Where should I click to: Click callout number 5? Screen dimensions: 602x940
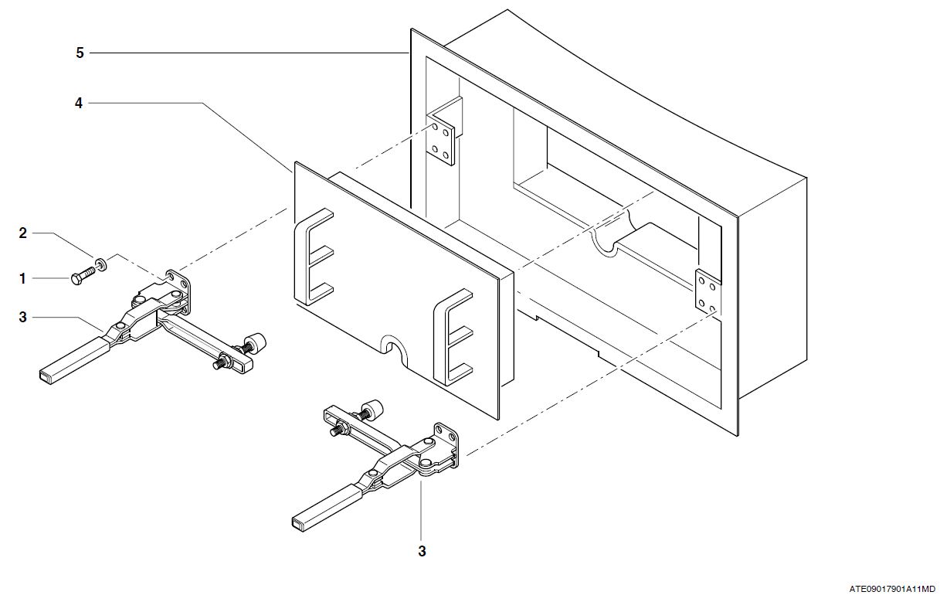coord(80,53)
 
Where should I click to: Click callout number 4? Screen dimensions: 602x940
coord(79,102)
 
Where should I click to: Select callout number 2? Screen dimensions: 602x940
coord(23,233)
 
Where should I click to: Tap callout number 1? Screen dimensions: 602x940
coord(23,277)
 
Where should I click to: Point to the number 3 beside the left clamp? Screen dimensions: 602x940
coord(23,317)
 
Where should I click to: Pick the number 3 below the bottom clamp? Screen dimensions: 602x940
coord(422,551)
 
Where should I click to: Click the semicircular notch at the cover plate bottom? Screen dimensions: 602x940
coord(395,345)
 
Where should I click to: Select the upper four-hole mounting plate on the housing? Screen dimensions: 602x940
coord(443,141)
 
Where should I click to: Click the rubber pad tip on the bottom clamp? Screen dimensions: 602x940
coord(373,406)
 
